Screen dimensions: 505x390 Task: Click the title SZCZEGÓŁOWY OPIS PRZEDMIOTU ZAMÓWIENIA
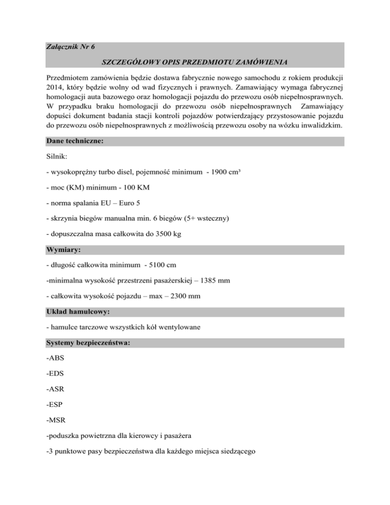(x=195, y=62)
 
